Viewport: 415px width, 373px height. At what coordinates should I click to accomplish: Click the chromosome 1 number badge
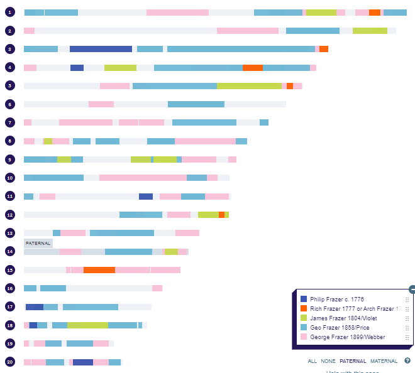[9, 13]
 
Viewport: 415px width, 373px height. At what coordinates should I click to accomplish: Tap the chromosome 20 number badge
[9, 362]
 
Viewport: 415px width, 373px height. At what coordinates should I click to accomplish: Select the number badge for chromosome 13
[9, 233]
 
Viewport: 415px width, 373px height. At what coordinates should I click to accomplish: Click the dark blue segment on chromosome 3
[101, 49]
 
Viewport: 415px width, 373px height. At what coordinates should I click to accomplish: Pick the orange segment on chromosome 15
[99, 270]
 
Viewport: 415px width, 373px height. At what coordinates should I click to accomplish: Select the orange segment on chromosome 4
[252, 68]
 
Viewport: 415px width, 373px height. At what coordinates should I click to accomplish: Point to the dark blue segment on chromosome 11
[146, 197]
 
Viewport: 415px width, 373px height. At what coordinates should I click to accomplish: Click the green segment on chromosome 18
[87, 325]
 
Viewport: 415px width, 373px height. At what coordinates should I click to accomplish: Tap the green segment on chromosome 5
[249, 86]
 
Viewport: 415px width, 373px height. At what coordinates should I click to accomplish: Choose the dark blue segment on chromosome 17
[35, 307]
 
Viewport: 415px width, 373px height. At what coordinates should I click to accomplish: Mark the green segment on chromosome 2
[370, 31]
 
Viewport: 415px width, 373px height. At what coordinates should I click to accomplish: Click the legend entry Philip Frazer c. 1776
[336, 299]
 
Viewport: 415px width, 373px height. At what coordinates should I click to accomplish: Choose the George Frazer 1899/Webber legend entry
[346, 337]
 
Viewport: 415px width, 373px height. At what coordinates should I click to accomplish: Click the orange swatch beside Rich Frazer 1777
[304, 308]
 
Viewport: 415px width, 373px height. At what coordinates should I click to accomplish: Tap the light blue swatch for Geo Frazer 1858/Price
[304, 327]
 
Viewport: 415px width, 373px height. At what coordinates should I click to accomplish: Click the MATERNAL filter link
[384, 361]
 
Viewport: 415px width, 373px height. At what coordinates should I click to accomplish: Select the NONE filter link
[328, 361]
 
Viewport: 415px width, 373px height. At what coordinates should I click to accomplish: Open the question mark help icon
[407, 361]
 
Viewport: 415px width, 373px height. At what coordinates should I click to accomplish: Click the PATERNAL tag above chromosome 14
[38, 243]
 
